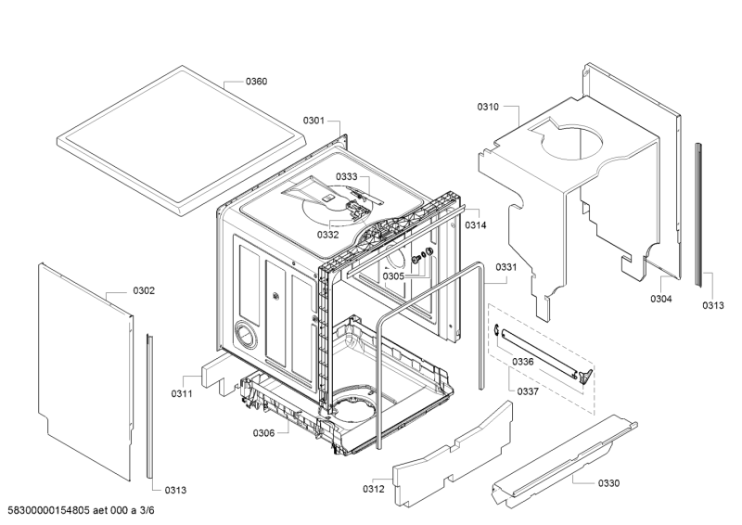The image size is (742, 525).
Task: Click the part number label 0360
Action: tap(256, 82)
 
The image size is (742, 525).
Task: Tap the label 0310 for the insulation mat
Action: tap(488, 108)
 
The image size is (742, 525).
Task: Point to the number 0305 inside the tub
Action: tap(393, 276)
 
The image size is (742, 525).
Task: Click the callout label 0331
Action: tap(505, 267)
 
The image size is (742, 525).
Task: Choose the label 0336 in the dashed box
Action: tap(523, 362)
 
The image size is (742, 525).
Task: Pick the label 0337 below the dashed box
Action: tap(528, 391)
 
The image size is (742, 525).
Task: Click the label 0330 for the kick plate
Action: tap(608, 482)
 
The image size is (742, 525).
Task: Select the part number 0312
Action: tap(373, 489)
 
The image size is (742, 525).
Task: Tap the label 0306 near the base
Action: tap(263, 433)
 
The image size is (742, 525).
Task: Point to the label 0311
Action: tap(181, 394)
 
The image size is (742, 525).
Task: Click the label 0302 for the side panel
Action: tap(144, 290)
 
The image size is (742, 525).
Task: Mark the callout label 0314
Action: tap(477, 225)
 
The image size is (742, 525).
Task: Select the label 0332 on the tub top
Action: tap(328, 235)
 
